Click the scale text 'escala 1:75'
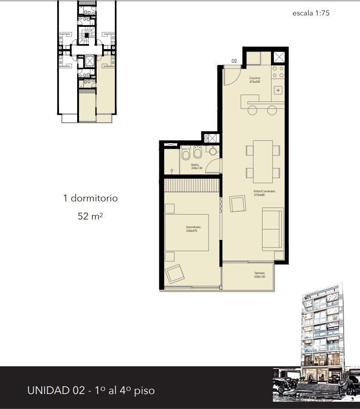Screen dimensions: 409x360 311,13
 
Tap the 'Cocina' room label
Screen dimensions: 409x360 255,80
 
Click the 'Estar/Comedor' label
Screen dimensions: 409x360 265,193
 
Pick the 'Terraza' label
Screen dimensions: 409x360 259,274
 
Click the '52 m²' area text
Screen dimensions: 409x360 90,216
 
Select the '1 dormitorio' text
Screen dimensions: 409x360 90,198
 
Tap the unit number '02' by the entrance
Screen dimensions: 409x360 234,61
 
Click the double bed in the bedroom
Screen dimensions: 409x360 187,232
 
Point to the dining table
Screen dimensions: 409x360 263,161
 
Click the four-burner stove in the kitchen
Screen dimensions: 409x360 278,72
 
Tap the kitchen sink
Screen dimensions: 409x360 278,90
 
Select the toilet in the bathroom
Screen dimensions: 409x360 186,154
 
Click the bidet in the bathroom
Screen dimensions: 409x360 197,152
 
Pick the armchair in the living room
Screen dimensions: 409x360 238,204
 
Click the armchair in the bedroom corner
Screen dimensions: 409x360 175,274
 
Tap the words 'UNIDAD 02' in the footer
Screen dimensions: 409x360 56,390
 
